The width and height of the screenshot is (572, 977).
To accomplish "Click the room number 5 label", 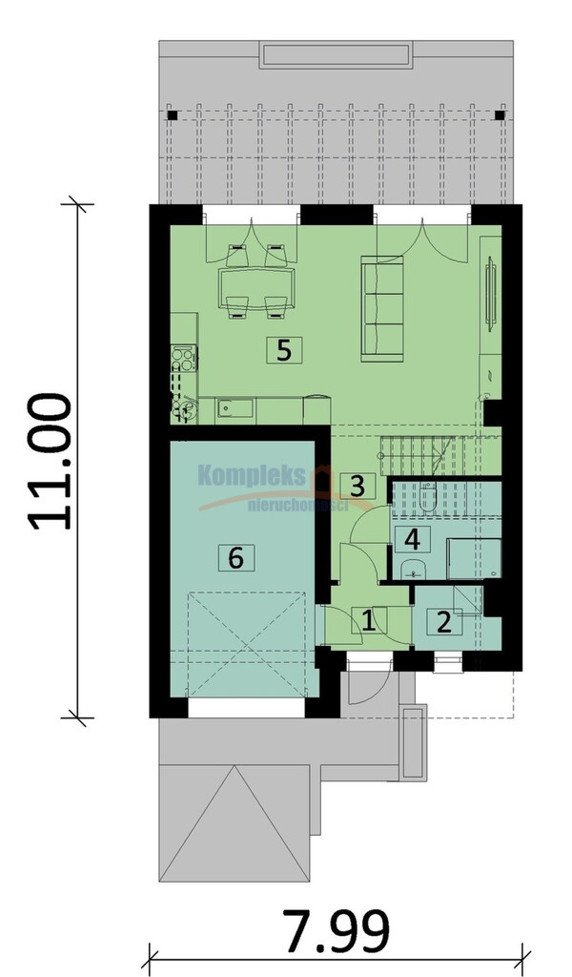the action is coord(284,350).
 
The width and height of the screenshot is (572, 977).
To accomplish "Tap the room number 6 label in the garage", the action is coord(235,557).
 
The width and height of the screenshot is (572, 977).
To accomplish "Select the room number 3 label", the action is coord(357,486).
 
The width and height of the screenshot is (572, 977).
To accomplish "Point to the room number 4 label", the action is coord(412,539).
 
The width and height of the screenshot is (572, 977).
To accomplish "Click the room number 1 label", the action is coord(369,620).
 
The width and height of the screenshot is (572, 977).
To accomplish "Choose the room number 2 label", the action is coord(444,622).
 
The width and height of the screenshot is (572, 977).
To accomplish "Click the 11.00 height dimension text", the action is coord(50,462).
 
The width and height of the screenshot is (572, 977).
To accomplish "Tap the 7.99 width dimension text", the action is coord(337,931).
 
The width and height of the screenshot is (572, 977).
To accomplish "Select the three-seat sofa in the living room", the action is coord(382,308).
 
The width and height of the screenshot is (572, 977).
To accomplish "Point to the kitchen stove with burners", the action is coord(184,359).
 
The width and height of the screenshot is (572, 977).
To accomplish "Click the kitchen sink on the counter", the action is coord(235,408).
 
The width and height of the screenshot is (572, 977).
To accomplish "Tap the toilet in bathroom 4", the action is coord(428,496).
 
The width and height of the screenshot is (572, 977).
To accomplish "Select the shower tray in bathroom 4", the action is coord(474,559).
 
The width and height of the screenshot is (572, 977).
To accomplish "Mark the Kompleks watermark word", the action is coord(252,477).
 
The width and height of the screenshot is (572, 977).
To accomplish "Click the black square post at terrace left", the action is coord(173,115).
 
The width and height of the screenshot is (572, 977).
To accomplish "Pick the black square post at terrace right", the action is coord(500,115).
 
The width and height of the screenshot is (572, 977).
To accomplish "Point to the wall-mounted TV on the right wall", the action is coord(491,294).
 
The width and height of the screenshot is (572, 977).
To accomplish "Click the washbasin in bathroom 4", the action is coord(411,569).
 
